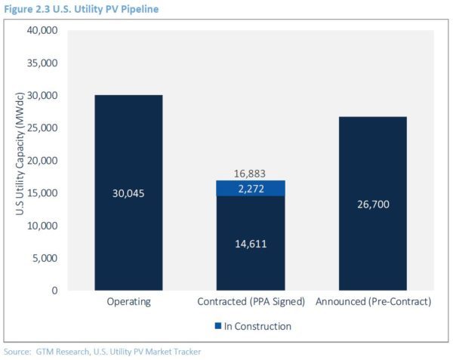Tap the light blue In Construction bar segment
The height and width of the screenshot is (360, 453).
[251, 188]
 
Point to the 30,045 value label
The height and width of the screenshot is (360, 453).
[129, 193]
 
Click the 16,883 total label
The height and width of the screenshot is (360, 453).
[251, 174]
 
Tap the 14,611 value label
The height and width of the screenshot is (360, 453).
[251, 243]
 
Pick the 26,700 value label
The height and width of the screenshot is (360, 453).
[373, 203]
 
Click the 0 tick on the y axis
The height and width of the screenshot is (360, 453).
[53, 291]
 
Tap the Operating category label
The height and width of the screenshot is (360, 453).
[129, 302]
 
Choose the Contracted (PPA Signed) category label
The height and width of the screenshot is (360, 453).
[251, 302]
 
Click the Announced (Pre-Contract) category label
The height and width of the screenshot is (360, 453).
[373, 302]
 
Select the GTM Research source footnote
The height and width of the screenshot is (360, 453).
[103, 352]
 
